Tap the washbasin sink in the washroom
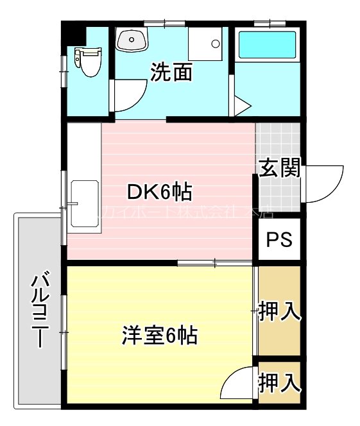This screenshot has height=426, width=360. pos(132,40)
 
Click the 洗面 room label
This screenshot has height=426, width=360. pos(171,72)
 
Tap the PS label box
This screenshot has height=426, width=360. pos(279,239)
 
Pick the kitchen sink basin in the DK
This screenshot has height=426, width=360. pos(84,203)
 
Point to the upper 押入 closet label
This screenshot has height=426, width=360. pos(279,312)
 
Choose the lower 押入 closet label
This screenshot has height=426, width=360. pos(279,383)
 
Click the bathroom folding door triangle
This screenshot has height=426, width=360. pos(242,105)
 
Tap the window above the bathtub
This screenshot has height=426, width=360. pos(268,24)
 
